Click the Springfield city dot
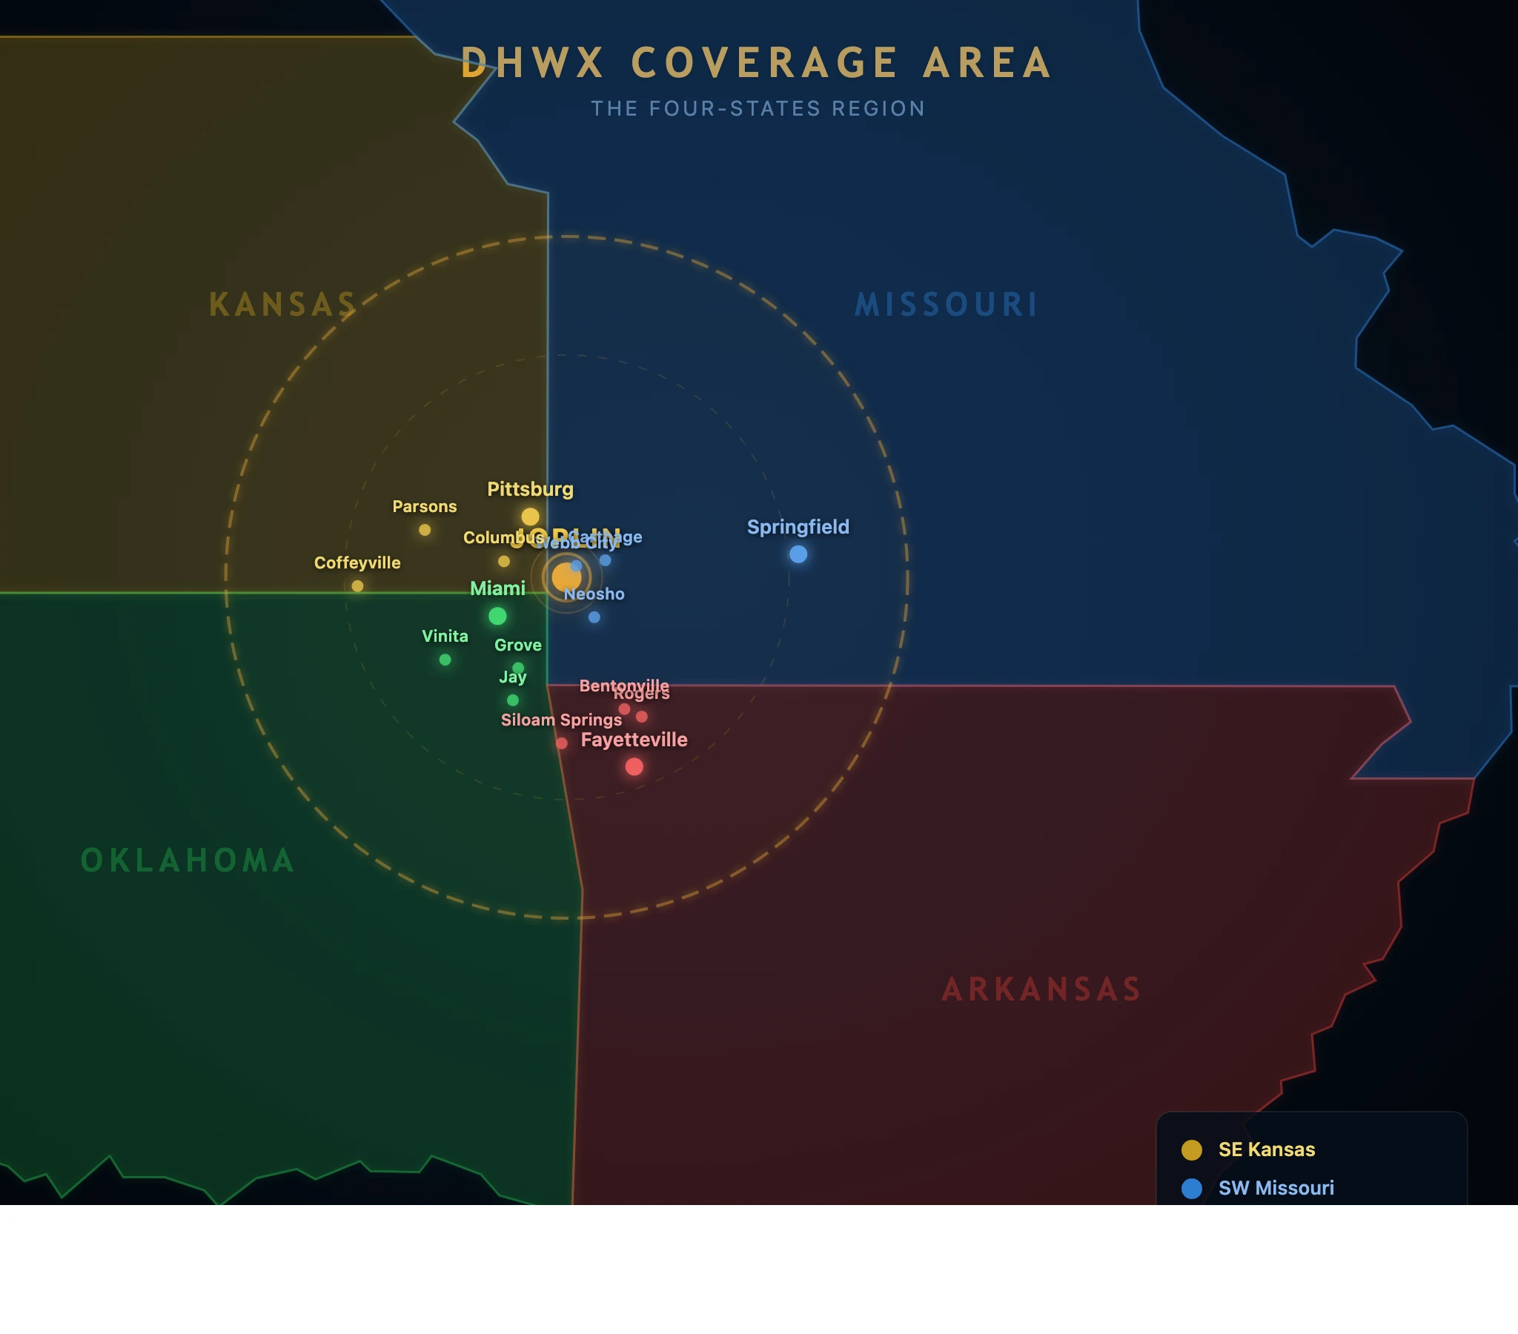pos(798,554)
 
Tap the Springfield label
pos(798,527)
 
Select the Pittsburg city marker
pos(529,517)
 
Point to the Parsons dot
pos(424,530)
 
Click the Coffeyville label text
pos(357,563)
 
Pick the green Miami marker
pos(497,616)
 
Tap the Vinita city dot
pos(445,660)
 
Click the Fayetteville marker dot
pos(634,766)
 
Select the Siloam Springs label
pos(560,720)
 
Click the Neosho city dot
pos(594,617)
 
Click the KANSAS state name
pos(282,305)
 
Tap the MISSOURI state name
pos(946,305)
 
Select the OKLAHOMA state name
pos(187,860)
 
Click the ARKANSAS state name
pos(1041,989)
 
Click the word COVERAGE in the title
pos(764,62)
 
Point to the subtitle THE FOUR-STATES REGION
pos(758,108)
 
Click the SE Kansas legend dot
pos(1191,1149)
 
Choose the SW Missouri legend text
pos(1276,1188)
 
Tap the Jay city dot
pos(512,700)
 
